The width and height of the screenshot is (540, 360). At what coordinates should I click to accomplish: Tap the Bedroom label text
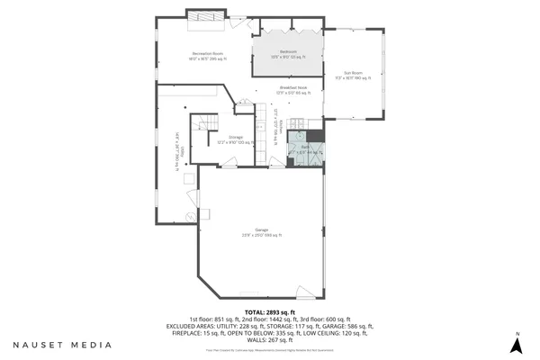point(288,54)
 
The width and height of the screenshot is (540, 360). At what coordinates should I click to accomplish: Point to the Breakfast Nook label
point(292,90)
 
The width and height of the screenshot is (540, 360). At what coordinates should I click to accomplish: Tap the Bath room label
point(305,152)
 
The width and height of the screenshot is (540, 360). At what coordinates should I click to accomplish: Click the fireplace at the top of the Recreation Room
point(204,14)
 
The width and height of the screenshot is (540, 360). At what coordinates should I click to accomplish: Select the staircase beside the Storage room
point(204,124)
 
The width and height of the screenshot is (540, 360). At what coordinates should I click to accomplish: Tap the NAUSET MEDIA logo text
point(62,345)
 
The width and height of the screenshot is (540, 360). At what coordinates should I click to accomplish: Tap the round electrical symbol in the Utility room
point(189,219)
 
